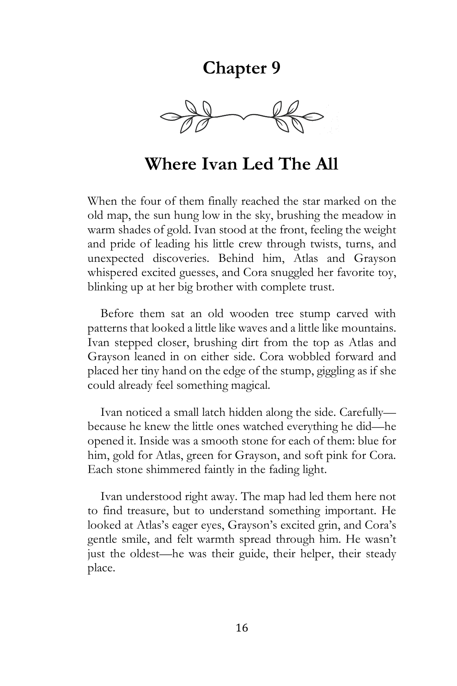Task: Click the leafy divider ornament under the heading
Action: pos(242,116)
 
